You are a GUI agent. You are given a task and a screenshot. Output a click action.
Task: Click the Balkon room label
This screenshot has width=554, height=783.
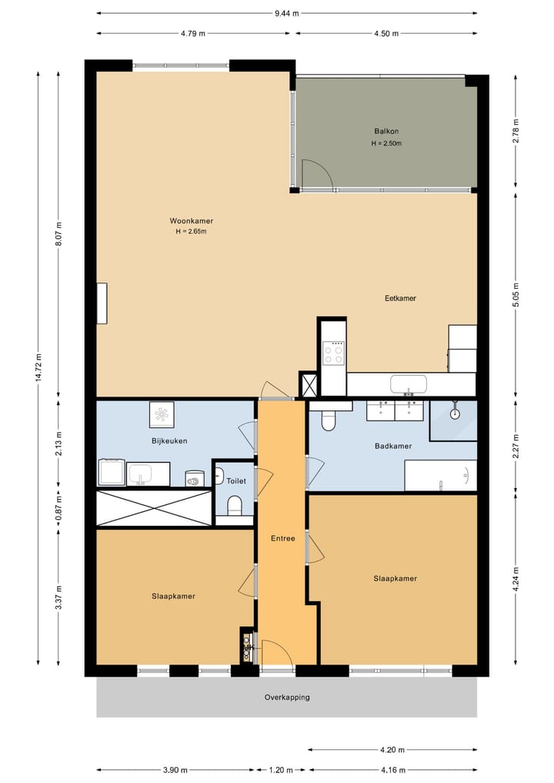(x=386, y=132)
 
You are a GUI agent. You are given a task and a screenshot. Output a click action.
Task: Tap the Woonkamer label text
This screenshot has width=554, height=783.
(x=191, y=221)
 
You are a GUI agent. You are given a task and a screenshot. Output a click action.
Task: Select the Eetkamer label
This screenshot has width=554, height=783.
(x=400, y=298)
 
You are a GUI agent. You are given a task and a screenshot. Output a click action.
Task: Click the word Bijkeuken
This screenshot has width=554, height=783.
(x=170, y=441)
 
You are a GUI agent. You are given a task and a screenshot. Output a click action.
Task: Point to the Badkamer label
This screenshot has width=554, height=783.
(x=393, y=446)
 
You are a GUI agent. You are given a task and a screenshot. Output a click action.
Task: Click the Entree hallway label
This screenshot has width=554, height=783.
(x=283, y=538)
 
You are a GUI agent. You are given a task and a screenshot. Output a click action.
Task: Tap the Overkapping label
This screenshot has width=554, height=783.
(x=287, y=697)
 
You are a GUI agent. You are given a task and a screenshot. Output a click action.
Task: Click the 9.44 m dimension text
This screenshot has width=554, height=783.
(x=286, y=14)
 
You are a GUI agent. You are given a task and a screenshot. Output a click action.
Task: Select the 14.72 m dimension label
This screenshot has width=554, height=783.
(x=38, y=367)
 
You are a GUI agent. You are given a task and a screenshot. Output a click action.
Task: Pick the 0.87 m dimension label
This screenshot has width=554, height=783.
(x=58, y=508)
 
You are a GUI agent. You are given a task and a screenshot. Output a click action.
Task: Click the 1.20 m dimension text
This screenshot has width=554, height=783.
(x=281, y=770)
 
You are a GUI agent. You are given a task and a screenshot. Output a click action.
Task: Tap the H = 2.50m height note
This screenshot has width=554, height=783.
(x=386, y=143)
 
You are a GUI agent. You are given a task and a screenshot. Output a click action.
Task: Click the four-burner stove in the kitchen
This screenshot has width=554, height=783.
(x=333, y=353)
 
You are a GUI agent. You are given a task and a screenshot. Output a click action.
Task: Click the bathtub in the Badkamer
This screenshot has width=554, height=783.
(x=440, y=475)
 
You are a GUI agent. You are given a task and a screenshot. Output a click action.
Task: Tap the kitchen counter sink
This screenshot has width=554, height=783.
(x=409, y=384)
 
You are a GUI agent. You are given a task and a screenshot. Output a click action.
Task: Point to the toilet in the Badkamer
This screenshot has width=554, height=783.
(x=329, y=420)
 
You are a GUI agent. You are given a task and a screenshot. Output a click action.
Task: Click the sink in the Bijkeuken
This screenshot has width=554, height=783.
(x=142, y=473)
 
